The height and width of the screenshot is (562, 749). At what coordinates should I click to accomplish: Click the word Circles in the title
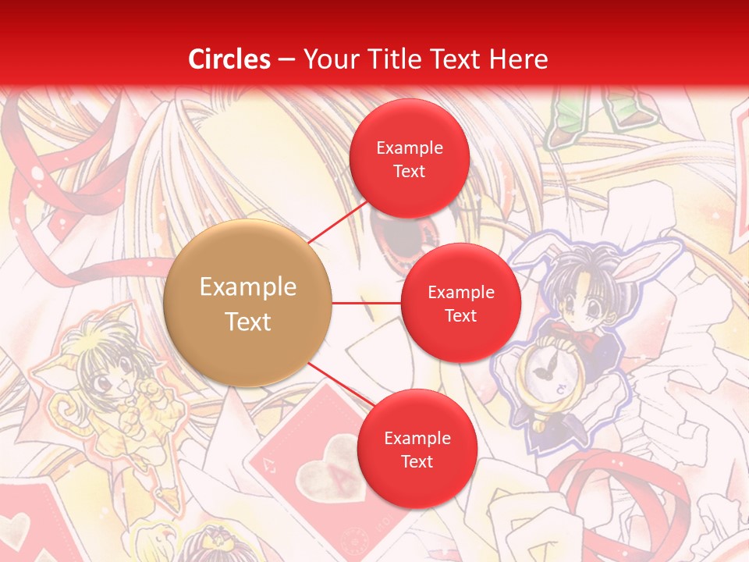click(x=229, y=59)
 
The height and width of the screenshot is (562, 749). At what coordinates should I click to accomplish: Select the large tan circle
click(x=247, y=303)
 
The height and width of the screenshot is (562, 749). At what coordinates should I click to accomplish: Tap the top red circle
click(x=409, y=158)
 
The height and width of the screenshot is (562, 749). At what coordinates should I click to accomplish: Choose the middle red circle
click(x=460, y=303)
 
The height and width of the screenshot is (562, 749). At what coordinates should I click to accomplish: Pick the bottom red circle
click(x=417, y=449)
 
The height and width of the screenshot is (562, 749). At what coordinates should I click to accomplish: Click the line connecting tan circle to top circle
click(x=337, y=222)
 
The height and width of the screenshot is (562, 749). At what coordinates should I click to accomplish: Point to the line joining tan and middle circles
click(x=366, y=302)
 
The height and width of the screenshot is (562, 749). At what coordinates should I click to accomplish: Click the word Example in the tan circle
click(x=247, y=286)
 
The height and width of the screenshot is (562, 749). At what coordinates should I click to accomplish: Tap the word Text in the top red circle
click(x=409, y=171)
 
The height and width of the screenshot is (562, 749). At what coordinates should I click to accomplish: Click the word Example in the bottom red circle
click(x=417, y=438)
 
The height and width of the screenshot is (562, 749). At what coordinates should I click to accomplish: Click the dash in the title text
click(x=286, y=59)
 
